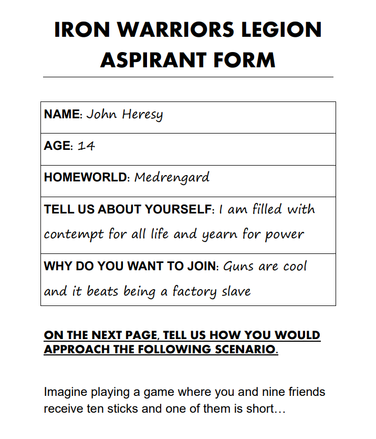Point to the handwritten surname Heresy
(x=142, y=115)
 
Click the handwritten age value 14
(x=86, y=146)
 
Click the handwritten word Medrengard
(x=172, y=178)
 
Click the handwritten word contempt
(x=74, y=234)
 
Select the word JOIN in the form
(x=202, y=266)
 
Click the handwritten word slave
(x=236, y=291)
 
